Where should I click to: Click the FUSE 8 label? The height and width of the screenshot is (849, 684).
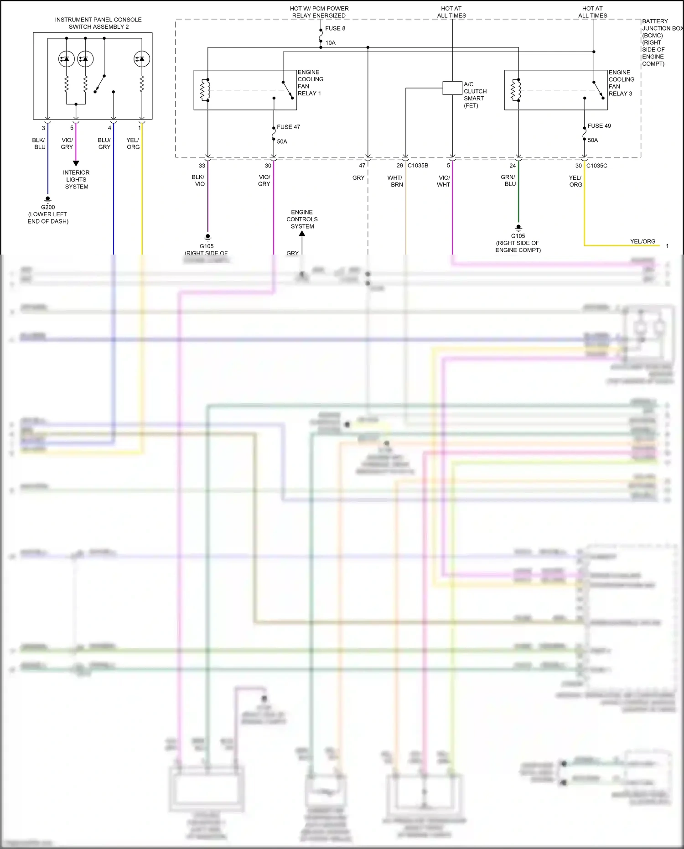tap(335, 28)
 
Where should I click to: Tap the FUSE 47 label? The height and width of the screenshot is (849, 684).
tap(288, 127)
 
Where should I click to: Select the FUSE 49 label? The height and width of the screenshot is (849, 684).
tap(599, 125)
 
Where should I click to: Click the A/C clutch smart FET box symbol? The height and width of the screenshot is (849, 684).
tap(452, 88)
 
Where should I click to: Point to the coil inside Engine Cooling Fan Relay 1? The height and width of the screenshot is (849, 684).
tap(205, 90)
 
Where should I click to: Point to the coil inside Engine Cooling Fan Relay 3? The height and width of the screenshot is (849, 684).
tap(516, 90)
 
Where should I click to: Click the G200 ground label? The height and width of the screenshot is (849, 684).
tap(48, 207)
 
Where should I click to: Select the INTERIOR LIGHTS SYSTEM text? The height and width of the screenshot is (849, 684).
tap(76, 179)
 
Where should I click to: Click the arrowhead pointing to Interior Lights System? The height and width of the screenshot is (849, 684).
tap(76, 163)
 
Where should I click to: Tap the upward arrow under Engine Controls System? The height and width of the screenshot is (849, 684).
tap(302, 234)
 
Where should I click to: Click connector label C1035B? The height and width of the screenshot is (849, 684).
tap(418, 166)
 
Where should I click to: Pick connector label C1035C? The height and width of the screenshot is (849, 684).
tap(596, 166)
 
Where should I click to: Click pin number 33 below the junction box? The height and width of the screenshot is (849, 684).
tap(202, 166)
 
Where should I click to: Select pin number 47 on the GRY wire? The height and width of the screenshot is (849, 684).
tap(362, 166)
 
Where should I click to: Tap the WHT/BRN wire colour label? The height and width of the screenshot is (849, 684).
tap(395, 181)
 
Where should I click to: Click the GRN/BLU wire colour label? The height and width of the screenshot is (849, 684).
tap(508, 181)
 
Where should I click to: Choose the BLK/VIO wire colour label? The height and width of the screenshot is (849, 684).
tap(199, 180)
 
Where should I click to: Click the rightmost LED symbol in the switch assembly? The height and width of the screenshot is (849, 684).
tap(142, 59)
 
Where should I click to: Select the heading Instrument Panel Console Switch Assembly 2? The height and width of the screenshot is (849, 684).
tap(98, 23)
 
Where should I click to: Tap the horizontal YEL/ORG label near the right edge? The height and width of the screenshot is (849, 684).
tap(643, 241)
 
